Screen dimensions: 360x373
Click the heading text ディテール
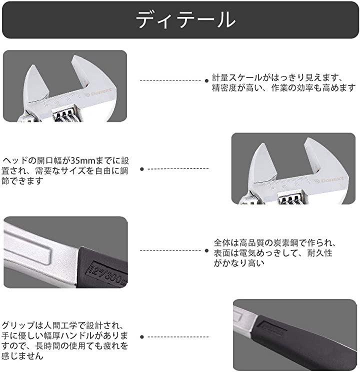tap(186, 19)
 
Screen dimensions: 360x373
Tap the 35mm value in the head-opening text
tap(80, 161)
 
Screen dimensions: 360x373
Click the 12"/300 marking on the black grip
tap(107, 273)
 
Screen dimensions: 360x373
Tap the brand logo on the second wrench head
tap(329, 180)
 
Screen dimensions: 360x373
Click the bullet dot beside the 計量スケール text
tap(206, 81)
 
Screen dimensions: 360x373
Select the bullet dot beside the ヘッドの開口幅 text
tap(142, 169)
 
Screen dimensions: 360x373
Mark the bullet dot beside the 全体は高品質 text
tap(206, 250)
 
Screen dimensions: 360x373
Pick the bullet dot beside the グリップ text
tap(142, 337)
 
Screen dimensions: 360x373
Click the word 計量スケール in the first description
tap(236, 77)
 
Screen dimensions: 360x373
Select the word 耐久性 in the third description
tap(319, 253)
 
